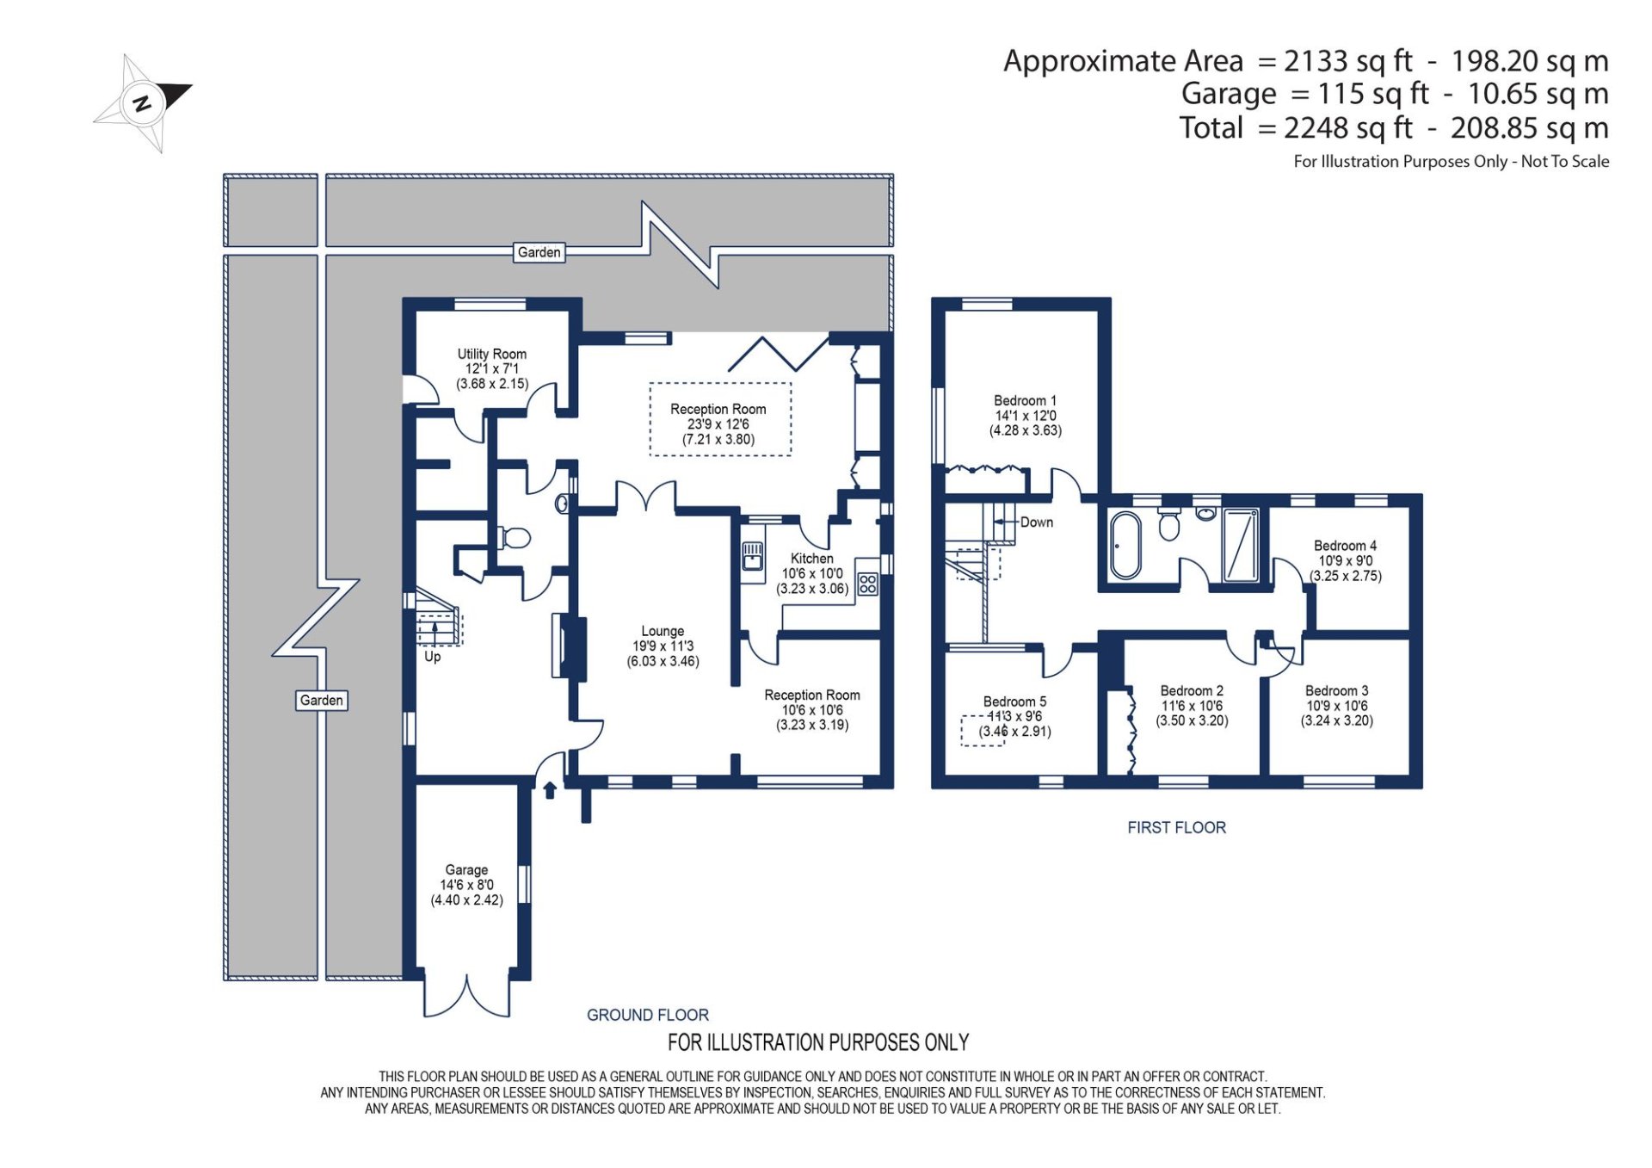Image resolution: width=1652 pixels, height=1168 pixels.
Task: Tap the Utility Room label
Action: coord(491,354)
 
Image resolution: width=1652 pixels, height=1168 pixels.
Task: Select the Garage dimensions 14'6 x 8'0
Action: coord(466,885)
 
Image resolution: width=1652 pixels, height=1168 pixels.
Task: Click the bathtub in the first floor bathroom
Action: coord(1125,545)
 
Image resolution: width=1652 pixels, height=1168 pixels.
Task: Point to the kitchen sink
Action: coord(753,556)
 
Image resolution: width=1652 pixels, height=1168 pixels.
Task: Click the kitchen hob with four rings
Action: coord(867,584)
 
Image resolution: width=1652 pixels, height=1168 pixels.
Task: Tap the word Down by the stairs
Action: coord(1036,522)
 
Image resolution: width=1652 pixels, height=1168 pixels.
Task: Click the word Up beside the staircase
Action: coord(432,657)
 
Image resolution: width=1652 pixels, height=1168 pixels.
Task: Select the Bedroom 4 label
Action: coord(1345,546)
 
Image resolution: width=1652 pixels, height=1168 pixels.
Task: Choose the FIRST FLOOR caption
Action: coord(1176,828)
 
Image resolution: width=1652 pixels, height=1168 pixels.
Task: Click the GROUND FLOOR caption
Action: coord(647,1016)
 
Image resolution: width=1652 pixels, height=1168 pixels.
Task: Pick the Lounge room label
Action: coord(663,631)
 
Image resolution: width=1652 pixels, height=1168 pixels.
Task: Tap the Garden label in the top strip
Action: coord(539,252)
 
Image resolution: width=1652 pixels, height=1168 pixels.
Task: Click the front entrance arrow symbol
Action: coord(550,789)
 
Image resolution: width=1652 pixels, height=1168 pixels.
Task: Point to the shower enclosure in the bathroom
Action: coord(1241,546)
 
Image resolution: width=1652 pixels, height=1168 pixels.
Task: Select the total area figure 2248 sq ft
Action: coord(1348,128)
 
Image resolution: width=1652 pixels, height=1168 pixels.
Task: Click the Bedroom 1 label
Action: coord(1025,401)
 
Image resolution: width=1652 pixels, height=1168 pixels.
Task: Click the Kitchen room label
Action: coord(812,559)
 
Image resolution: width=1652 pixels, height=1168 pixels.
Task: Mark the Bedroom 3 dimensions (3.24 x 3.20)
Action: coord(1336,721)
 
